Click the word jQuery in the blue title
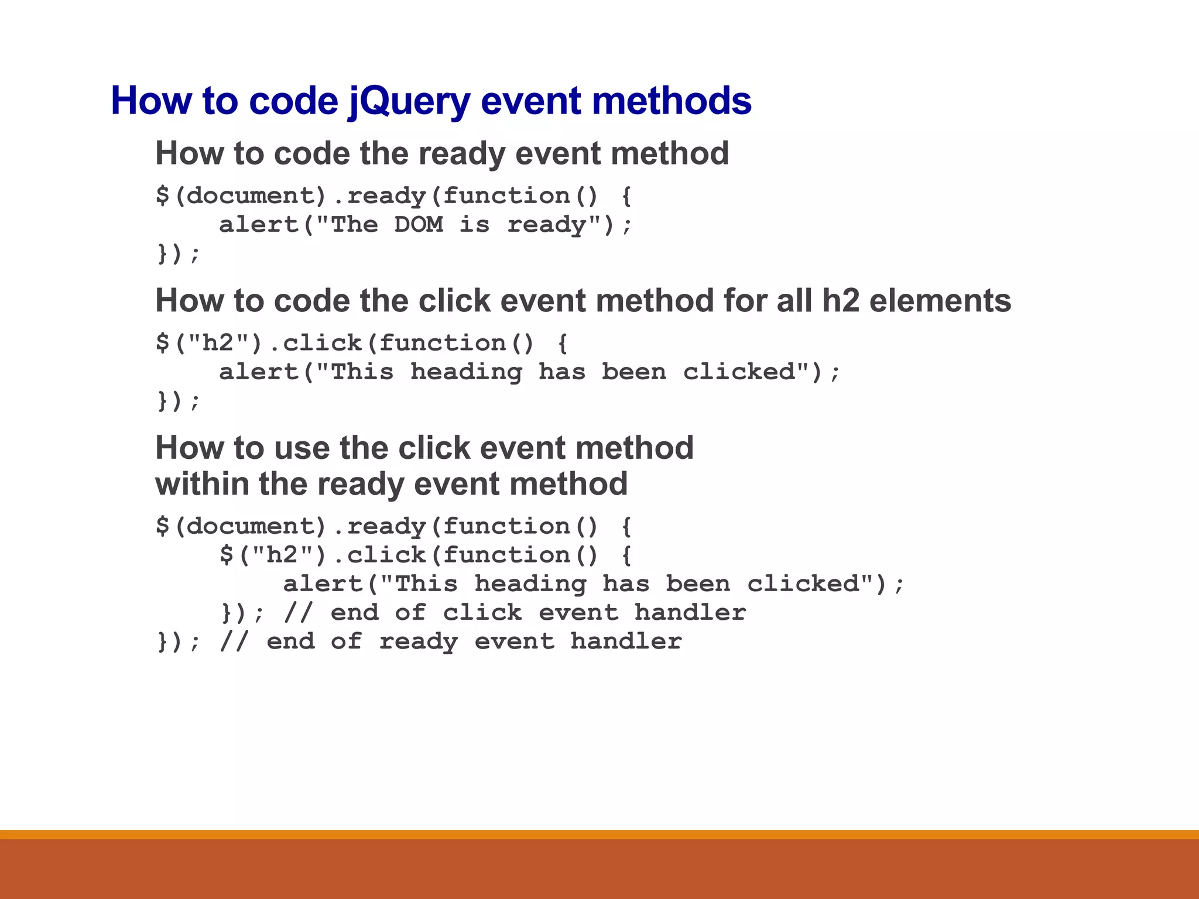click(x=409, y=101)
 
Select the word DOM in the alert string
click(x=418, y=225)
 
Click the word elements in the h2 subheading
click(x=940, y=301)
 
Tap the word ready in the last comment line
click(x=418, y=642)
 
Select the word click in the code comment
click(x=482, y=613)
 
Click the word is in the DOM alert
click(x=474, y=225)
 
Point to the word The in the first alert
click(x=354, y=225)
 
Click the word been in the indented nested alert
click(x=698, y=584)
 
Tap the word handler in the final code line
click(x=626, y=642)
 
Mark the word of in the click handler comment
click(x=410, y=613)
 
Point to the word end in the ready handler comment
click(x=290, y=642)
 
